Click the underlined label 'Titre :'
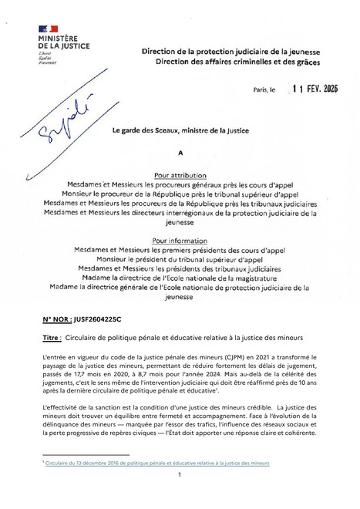[52, 338]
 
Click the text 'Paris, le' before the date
[264, 89]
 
